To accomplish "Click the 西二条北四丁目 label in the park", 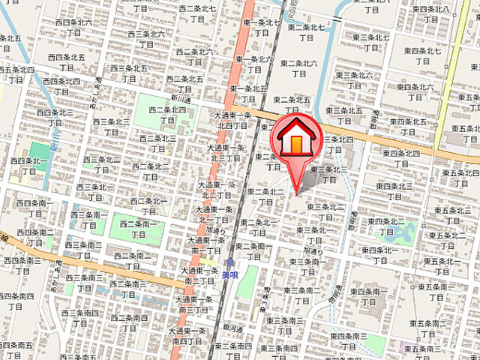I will (167, 114).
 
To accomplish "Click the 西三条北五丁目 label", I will (128, 72).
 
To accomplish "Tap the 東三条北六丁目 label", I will (355, 79).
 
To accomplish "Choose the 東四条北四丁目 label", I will (401, 157).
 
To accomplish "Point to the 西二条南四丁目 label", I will (129, 322).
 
